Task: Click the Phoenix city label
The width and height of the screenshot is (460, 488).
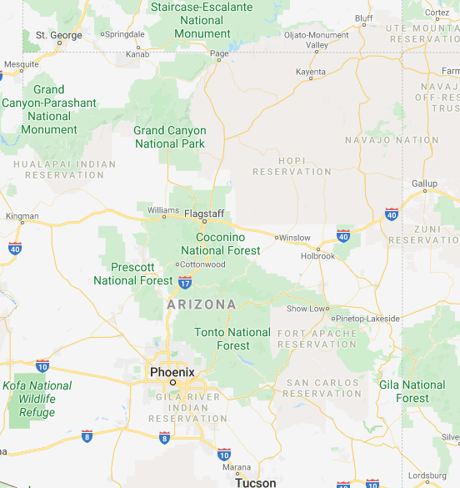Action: [x=172, y=372]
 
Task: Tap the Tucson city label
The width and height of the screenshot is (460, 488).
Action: [x=255, y=482]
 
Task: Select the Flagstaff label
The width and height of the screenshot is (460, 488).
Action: [x=205, y=214]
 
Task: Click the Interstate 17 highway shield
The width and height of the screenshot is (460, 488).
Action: [x=184, y=283]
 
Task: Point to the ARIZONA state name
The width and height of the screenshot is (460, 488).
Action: [x=202, y=305]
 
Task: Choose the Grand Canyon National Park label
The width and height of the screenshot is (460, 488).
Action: [x=170, y=137]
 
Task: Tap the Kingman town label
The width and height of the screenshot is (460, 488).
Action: [x=22, y=216]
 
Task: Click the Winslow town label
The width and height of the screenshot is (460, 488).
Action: [x=294, y=238]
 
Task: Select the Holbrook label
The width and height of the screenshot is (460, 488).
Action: [x=317, y=256]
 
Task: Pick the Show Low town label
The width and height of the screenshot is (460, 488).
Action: [x=307, y=309]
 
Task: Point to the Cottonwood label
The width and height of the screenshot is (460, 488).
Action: [x=204, y=264]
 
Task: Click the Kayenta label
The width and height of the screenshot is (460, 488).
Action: [x=311, y=73]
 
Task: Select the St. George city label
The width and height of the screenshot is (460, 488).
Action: [x=58, y=36]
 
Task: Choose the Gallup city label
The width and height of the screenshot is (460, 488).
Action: [x=424, y=184]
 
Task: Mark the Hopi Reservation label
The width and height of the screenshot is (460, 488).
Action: [x=292, y=165]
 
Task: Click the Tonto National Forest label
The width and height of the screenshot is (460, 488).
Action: [x=232, y=339]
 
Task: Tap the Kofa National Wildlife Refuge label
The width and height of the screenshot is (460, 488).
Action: [x=37, y=399]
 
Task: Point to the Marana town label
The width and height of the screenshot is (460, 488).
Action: [x=237, y=467]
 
